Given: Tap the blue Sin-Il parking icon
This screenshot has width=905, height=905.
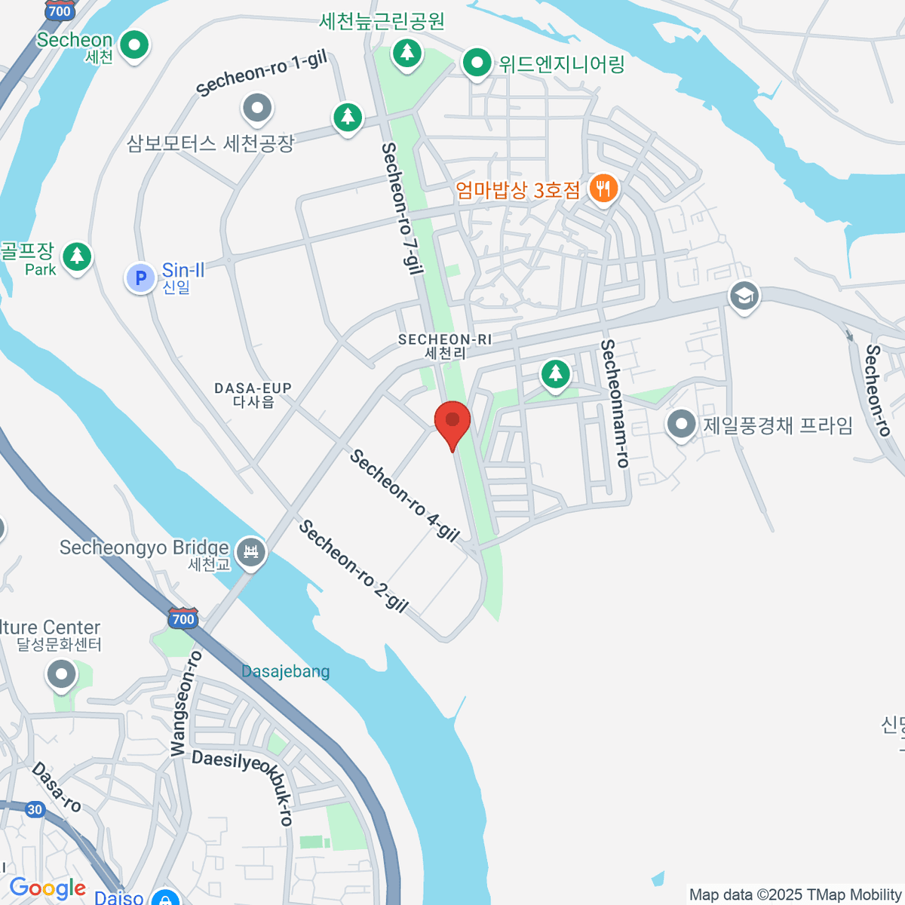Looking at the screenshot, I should pyautogui.click(x=140, y=278).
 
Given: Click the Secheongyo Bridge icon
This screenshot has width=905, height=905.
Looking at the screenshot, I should pyautogui.click(x=251, y=553).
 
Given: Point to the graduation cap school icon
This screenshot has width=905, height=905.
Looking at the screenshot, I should pyautogui.click(x=744, y=296).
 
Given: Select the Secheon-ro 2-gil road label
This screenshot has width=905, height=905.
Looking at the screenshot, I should pyautogui.click(x=354, y=566).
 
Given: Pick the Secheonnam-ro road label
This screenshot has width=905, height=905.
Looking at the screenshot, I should pyautogui.click(x=614, y=403).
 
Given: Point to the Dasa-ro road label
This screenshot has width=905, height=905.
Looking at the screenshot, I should pyautogui.click(x=57, y=786).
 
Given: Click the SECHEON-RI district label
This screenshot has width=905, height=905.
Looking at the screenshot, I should pyautogui.click(x=444, y=346).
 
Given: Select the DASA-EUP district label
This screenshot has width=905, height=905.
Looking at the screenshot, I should pyautogui.click(x=253, y=394).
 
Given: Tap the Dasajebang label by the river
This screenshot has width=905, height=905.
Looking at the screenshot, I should pyautogui.click(x=285, y=671).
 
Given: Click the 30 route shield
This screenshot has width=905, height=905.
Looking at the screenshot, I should pyautogui.click(x=35, y=809).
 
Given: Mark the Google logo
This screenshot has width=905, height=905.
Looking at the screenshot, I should pyautogui.click(x=48, y=888).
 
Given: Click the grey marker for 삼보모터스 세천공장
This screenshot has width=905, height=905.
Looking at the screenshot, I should pyautogui.click(x=257, y=109).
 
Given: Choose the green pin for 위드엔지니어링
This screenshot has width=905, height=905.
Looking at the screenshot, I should pyautogui.click(x=477, y=63).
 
